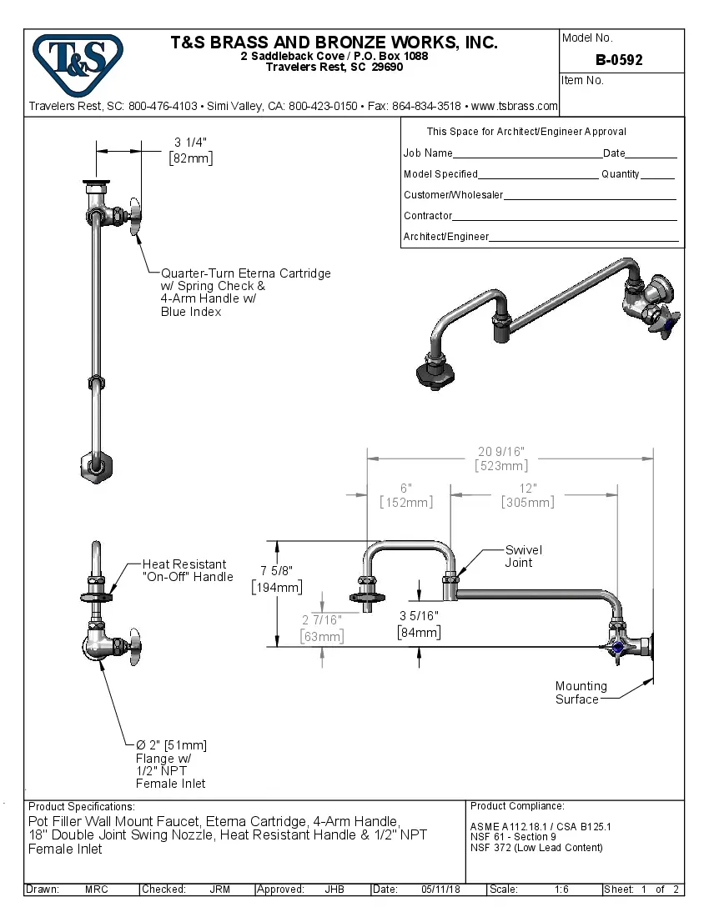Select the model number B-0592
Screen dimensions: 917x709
[x=619, y=60]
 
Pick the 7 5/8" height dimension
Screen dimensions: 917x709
[x=277, y=579]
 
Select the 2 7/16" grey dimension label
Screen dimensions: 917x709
[x=321, y=629]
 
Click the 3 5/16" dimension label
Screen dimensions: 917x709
[x=419, y=624]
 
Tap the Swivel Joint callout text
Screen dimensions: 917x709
[x=524, y=556]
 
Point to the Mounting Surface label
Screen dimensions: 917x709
[x=581, y=693]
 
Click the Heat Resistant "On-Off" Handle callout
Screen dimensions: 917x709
[x=188, y=570]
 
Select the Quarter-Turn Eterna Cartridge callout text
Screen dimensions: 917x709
[x=245, y=292]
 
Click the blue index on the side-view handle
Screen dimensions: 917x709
[x=618, y=647]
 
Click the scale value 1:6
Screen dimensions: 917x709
[x=561, y=889]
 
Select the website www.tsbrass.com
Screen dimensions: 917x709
[x=514, y=106]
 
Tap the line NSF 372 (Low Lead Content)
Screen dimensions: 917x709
[x=536, y=848]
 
